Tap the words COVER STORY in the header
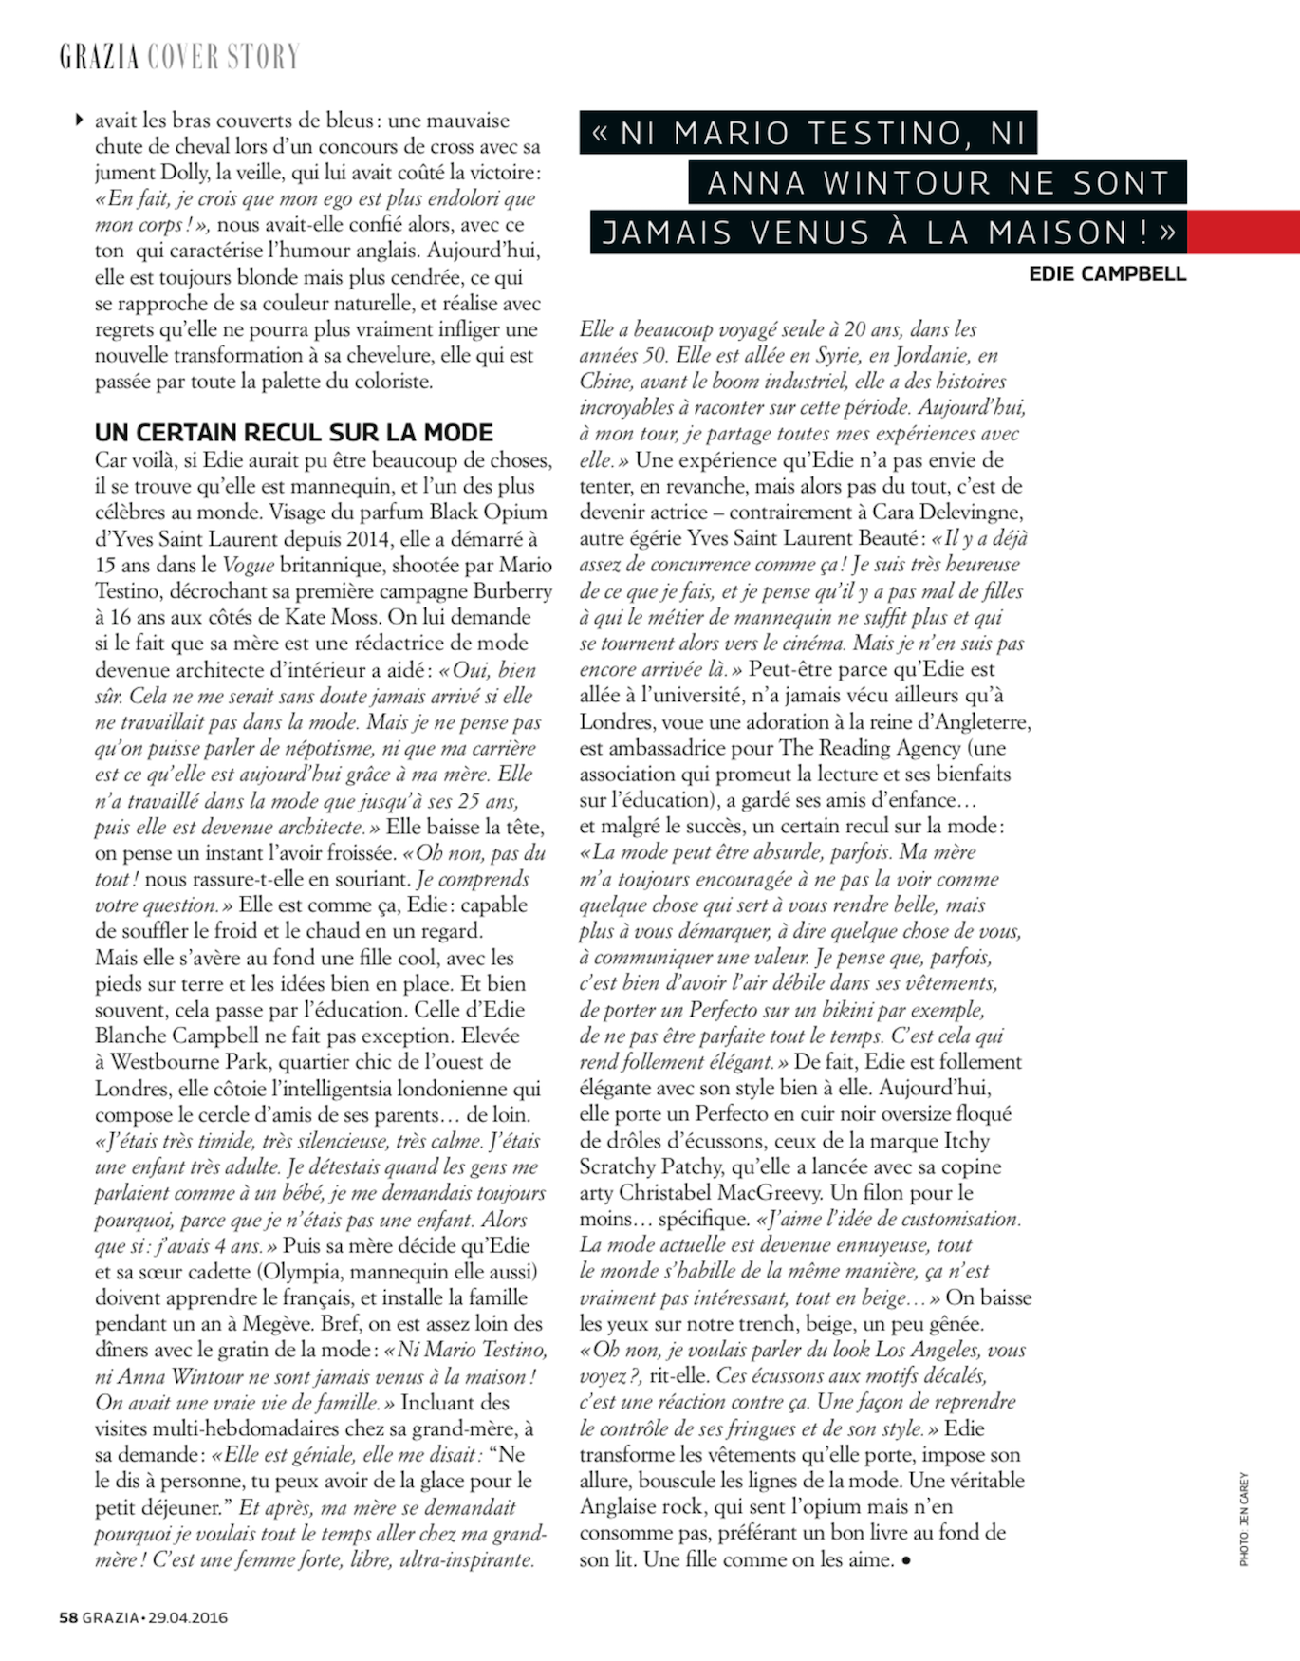point(223,57)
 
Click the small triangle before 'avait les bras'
point(80,121)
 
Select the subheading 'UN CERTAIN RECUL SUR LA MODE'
point(294,433)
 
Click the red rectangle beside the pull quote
point(1243,232)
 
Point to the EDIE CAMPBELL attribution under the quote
point(1107,274)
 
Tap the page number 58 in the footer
point(68,1617)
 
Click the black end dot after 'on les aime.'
point(906,1560)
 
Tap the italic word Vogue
point(248,566)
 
